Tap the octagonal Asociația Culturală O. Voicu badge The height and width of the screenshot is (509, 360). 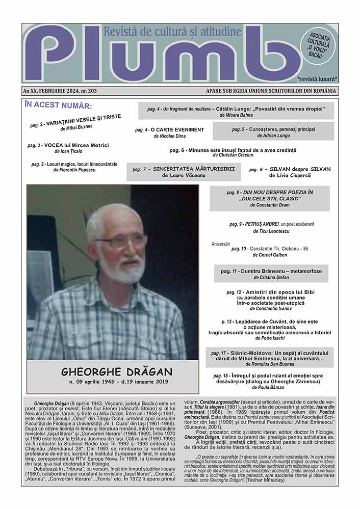(x=319, y=44)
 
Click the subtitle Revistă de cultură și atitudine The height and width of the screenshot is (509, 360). (x=172, y=33)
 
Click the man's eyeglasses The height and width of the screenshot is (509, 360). (x=121, y=239)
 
